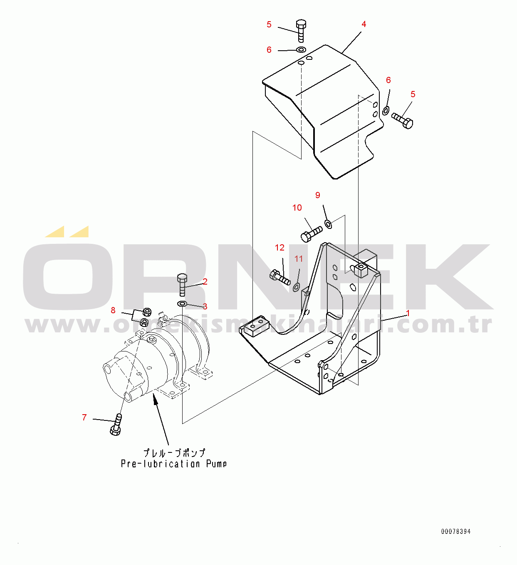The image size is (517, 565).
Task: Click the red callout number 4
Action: coord(364,24)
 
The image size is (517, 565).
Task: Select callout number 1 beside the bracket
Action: coord(408,313)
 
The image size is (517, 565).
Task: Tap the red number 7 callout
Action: coord(84,417)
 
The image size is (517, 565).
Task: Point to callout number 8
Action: coord(113,310)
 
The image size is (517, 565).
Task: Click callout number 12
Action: coord(280,247)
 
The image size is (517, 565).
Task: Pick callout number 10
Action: coord(297,208)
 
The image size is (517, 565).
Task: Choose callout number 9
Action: coord(318,195)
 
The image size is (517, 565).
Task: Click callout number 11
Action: coord(298,258)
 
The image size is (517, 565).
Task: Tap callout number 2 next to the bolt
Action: coord(205,281)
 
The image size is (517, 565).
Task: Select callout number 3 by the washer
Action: coord(205,306)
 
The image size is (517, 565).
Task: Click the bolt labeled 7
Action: coord(116,424)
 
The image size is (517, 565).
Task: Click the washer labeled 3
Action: coord(182,303)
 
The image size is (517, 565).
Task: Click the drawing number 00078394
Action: coord(455,531)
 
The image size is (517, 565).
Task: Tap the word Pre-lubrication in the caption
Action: coord(160,464)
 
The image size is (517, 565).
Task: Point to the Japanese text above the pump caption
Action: coord(174,453)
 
